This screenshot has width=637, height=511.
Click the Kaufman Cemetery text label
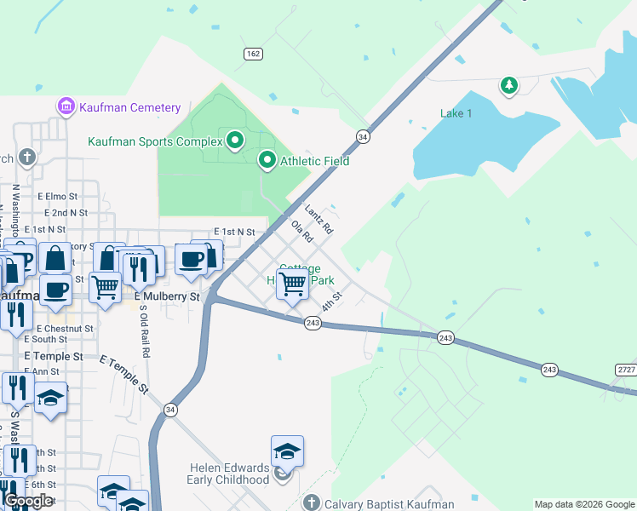[x=129, y=107]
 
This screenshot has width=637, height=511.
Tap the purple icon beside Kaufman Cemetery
[x=66, y=107]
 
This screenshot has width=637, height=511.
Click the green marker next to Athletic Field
[x=267, y=160]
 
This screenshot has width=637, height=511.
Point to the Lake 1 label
[x=456, y=113]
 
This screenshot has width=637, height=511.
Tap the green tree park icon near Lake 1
[x=508, y=85]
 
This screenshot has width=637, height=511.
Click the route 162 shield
[x=252, y=54]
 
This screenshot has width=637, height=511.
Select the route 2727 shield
[x=625, y=369]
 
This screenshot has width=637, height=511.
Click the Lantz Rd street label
[x=318, y=221]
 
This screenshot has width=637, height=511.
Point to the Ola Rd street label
[x=301, y=233]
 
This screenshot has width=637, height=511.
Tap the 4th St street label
[x=331, y=301]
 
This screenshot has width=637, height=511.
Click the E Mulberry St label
[x=167, y=296]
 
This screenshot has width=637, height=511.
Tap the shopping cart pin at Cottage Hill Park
[x=292, y=284]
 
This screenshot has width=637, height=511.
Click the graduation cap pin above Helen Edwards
[x=287, y=451]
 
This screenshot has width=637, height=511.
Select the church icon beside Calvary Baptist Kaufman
[x=312, y=502]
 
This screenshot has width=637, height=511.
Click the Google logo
[x=28, y=501]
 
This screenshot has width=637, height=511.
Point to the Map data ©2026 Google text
[x=582, y=504]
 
